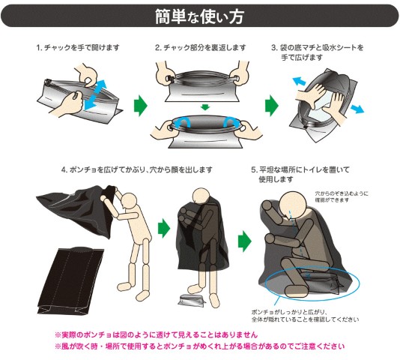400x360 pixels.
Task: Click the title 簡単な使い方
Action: pyautogui.click(x=199, y=16)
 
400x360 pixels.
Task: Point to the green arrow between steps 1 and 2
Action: pyautogui.click(x=141, y=106)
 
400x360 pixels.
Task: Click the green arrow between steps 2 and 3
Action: pyautogui.click(x=272, y=106)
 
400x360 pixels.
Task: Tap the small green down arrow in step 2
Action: pyautogui.click(x=205, y=106)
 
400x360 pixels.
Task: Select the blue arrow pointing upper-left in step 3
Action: pyautogui.click(x=299, y=81)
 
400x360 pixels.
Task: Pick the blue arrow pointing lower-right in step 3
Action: pyautogui.click(x=357, y=109)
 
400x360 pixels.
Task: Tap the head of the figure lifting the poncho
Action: pyautogui.click(x=130, y=202)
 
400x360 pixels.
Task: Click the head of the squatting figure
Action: pyautogui.click(x=292, y=205)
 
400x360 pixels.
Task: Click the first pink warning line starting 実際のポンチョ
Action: pyautogui.click(x=156, y=334)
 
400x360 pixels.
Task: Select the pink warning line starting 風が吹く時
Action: pyautogui.click(x=199, y=346)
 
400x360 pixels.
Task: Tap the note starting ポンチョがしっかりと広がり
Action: pyautogui.click(x=305, y=316)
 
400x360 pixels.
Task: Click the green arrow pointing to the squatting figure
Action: pyautogui.click(x=245, y=241)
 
